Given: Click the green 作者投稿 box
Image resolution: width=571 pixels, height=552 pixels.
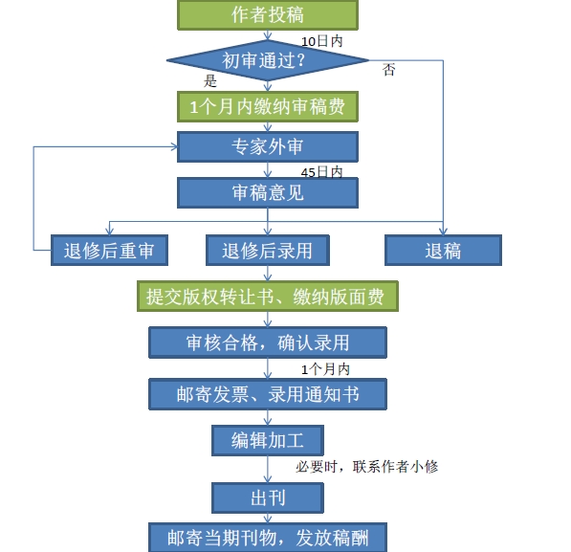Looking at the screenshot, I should click(268, 15).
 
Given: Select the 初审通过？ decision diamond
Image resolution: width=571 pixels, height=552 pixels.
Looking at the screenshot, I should click(267, 60).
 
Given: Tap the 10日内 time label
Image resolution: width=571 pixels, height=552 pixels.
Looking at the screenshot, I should click(322, 42).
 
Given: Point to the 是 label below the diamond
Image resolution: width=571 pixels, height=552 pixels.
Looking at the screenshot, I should click(211, 81).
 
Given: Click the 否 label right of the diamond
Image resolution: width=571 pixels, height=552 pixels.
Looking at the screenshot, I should click(389, 70).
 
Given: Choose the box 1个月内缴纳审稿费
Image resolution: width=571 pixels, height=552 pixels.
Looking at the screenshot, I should click(268, 106).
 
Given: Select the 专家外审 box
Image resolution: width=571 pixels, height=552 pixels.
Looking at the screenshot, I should click(268, 147).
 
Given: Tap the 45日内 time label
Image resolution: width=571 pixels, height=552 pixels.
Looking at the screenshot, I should click(321, 172).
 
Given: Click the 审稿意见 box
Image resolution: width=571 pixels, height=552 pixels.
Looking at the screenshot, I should click(268, 192).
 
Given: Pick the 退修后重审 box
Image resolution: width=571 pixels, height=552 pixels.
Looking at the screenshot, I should click(109, 251).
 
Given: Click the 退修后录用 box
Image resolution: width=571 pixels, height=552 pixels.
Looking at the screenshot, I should click(268, 251).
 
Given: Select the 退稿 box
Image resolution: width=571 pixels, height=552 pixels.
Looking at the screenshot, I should click(443, 251).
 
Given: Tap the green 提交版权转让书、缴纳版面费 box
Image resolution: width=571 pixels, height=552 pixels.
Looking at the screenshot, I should click(268, 297).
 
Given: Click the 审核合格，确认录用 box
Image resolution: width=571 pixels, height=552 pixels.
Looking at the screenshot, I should click(268, 342).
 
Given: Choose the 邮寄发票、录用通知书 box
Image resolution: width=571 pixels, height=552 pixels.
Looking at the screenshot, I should click(268, 393).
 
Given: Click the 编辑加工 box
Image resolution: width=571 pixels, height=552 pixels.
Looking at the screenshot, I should click(268, 440).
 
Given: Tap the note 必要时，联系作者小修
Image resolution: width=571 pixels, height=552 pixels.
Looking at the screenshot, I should click(367, 467).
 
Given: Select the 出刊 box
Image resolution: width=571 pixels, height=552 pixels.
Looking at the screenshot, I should click(268, 497).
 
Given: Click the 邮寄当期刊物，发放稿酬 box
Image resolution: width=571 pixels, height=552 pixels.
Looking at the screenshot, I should click(268, 537).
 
